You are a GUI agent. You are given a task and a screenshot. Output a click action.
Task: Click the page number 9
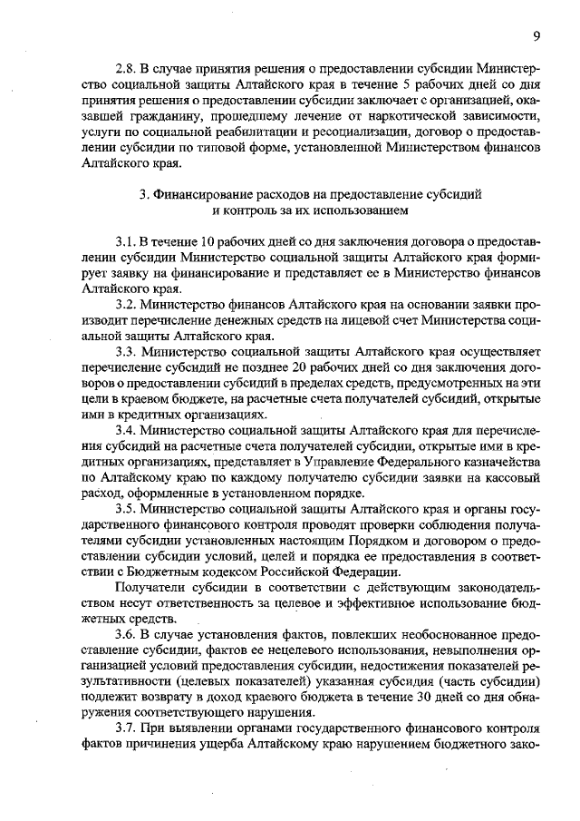point(536,35)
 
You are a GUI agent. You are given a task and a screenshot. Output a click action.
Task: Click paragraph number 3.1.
point(125,243)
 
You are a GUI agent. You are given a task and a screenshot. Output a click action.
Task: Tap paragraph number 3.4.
point(125,424)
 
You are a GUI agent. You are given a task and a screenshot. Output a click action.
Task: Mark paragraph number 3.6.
point(125,636)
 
